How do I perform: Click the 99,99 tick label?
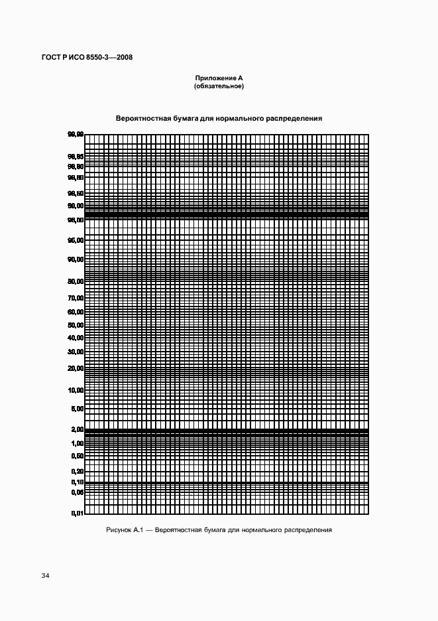(x=75, y=135)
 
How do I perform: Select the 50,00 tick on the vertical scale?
(x=75, y=326)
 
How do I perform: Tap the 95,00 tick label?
(x=75, y=240)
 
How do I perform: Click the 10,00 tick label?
(x=75, y=390)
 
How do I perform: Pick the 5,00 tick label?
(x=77, y=409)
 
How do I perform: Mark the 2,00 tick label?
(x=77, y=430)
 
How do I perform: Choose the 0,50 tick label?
(x=77, y=456)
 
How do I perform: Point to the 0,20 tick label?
(x=77, y=471)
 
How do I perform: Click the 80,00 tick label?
(x=75, y=281)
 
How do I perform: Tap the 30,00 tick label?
(x=75, y=352)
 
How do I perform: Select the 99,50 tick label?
(x=75, y=193)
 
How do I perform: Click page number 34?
(x=46, y=575)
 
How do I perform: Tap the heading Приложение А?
(x=219, y=78)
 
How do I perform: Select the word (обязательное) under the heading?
(x=219, y=86)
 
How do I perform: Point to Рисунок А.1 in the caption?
(x=125, y=530)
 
